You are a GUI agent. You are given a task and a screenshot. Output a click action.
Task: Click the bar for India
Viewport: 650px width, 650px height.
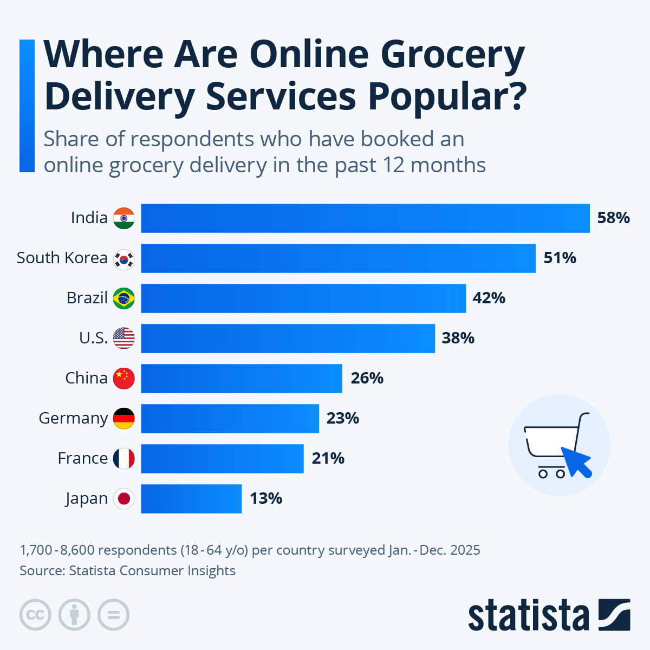[365, 218]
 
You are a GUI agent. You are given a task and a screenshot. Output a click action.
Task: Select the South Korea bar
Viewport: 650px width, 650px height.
[338, 258]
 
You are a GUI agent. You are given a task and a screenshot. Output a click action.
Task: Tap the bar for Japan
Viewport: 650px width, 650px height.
[191, 499]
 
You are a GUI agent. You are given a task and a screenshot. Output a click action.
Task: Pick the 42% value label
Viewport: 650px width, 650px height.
[489, 298]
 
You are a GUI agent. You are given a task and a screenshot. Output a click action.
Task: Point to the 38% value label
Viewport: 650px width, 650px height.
[458, 339]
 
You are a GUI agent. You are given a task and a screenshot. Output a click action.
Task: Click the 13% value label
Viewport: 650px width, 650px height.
[266, 499]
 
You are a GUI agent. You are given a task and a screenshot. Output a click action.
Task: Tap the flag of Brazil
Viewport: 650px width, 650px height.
[124, 298]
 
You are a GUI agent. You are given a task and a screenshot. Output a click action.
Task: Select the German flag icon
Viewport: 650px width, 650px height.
[124, 419]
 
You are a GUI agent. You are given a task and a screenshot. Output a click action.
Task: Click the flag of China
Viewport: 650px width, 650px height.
[124, 379]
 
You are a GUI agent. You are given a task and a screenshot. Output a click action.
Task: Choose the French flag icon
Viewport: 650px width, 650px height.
[124, 459]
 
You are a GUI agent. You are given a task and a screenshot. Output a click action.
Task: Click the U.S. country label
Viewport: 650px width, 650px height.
[93, 339]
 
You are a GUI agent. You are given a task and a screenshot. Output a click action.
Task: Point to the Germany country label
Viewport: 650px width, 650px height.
[73, 419]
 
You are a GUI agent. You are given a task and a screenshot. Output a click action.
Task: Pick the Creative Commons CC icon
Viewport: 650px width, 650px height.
[35, 615]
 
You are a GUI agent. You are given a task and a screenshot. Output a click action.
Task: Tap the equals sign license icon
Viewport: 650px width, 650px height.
[113, 615]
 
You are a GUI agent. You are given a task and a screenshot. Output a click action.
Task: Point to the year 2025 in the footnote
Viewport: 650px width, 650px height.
[464, 550]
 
